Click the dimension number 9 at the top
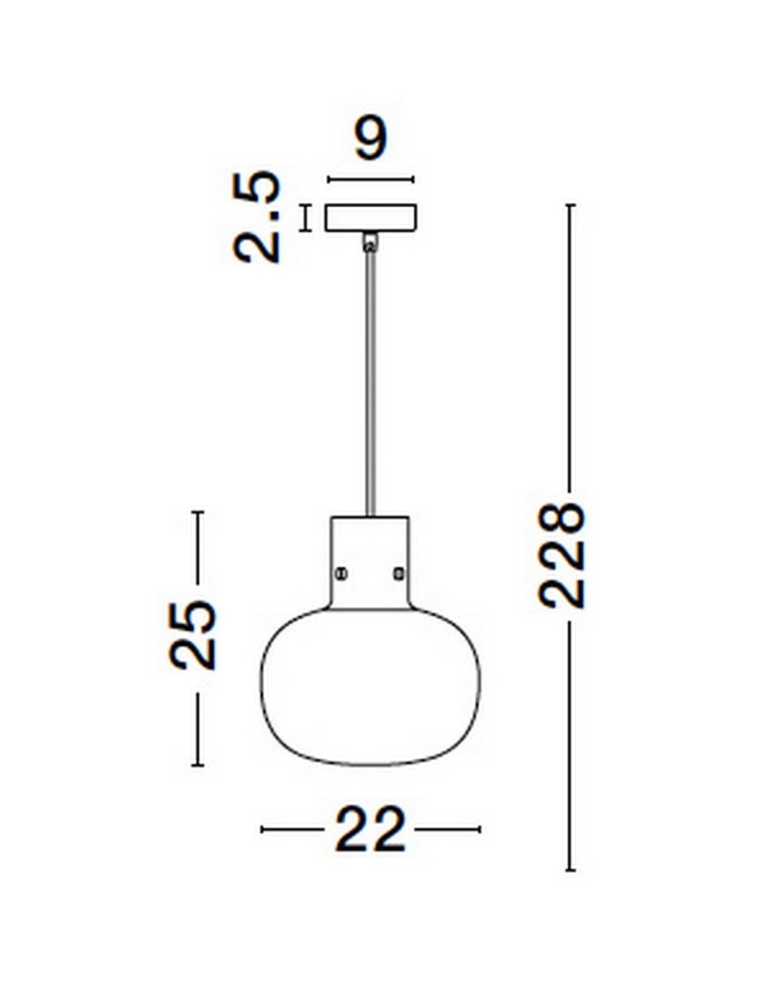[x=371, y=137]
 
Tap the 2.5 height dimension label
[x=256, y=216]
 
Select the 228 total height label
[x=562, y=554]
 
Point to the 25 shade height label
[x=193, y=634]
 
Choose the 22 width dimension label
[x=371, y=829]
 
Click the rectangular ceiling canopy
[x=371, y=218]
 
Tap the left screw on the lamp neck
[x=341, y=573]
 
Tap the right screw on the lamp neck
[x=398, y=573]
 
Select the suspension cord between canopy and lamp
[x=371, y=384]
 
